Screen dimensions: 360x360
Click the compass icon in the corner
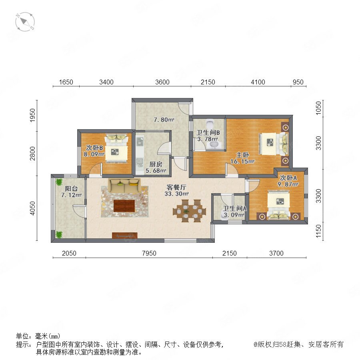click(x=25, y=22)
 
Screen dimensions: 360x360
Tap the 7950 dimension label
click(x=149, y=253)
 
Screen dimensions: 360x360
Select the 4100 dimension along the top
click(x=258, y=82)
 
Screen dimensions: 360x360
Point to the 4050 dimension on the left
click(x=33, y=208)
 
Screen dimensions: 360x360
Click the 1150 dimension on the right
click(x=318, y=232)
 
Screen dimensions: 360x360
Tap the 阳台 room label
click(x=71, y=189)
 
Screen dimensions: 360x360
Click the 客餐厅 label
click(x=176, y=187)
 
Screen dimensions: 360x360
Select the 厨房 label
click(x=156, y=164)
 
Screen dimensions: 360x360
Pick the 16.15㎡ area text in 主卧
click(x=242, y=162)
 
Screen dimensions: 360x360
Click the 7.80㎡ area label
click(x=164, y=120)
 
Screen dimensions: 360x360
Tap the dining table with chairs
click(x=189, y=211)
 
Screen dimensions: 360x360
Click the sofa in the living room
click(x=124, y=186)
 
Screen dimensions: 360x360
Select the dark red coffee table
click(x=124, y=206)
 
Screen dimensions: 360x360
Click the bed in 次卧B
click(x=116, y=148)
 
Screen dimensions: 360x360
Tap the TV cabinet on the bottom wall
click(x=125, y=236)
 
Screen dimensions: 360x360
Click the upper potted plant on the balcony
click(x=59, y=182)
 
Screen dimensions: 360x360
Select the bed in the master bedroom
click(x=274, y=144)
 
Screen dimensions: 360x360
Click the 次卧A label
click(x=288, y=178)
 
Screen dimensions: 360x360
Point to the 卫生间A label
click(x=235, y=208)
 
